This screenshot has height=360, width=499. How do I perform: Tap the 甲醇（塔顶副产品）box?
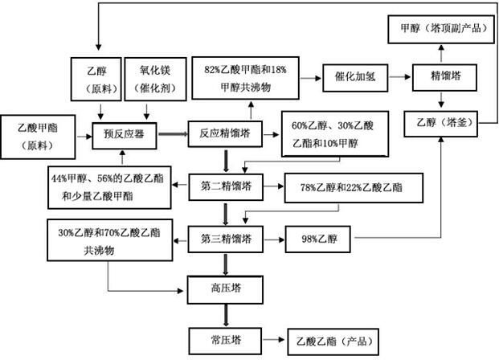[x=442, y=27]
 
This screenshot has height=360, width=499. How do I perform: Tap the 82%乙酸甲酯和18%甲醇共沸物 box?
[x=244, y=77]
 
